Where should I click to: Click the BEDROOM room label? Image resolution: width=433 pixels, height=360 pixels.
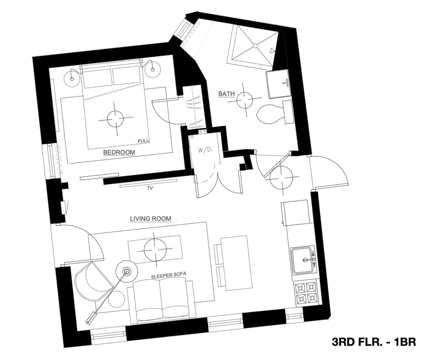(119, 152)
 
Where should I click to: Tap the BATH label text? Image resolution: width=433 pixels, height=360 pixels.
(226, 94)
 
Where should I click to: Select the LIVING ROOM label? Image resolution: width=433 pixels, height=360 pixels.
(150, 219)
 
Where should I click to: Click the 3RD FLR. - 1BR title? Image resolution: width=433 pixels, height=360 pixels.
(373, 342)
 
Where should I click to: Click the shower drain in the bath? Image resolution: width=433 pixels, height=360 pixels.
(255, 46)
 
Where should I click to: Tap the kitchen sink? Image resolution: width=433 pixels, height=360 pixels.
(304, 260)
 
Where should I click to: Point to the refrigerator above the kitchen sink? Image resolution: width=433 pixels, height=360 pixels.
(296, 213)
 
